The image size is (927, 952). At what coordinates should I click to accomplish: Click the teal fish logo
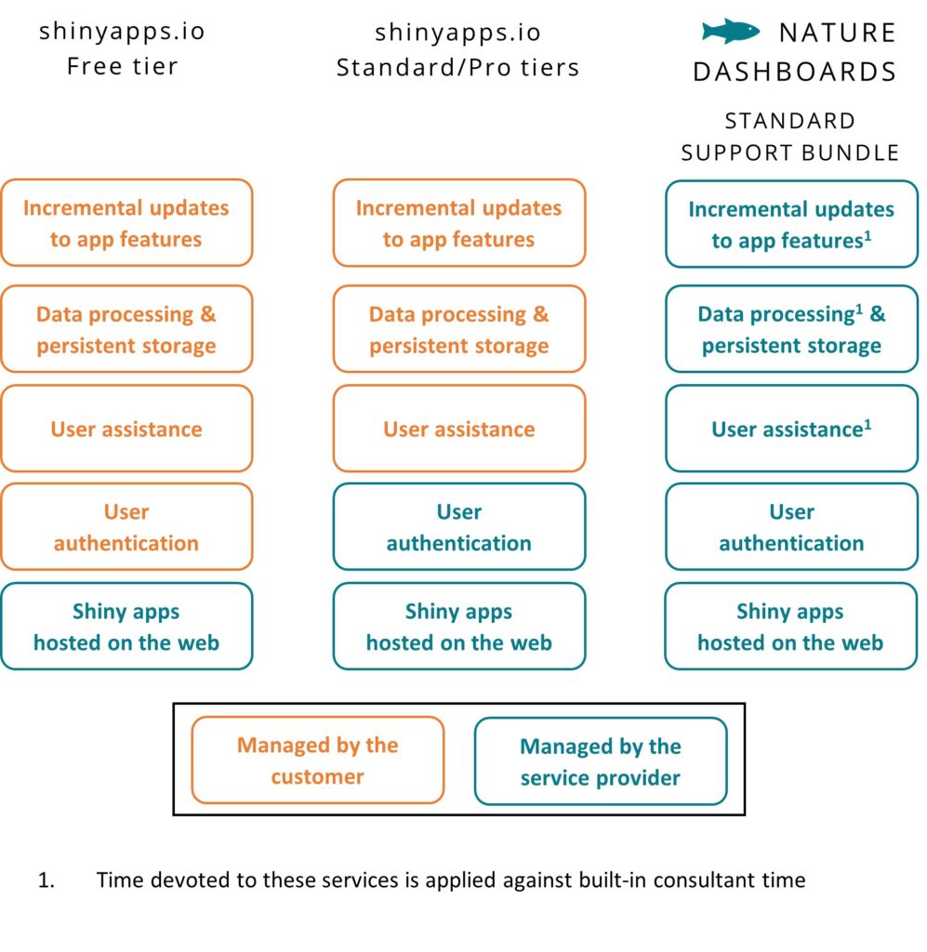tap(730, 31)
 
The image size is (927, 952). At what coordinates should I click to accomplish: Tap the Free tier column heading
tap(123, 48)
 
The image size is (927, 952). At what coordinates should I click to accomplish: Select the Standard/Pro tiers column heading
tap(458, 50)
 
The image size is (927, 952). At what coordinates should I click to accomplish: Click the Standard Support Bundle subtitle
tap(789, 137)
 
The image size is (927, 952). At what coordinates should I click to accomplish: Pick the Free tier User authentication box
tap(126, 526)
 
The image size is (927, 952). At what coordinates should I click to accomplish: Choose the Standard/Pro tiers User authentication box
tap(459, 526)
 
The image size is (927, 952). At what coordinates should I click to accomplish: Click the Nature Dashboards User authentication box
tap(791, 526)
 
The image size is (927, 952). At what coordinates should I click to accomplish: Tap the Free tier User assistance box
tap(126, 429)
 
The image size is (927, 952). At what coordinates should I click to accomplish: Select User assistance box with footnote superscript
tap(791, 429)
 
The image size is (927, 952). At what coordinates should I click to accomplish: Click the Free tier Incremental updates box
tap(126, 223)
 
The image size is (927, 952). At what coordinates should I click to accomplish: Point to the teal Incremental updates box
tap(791, 224)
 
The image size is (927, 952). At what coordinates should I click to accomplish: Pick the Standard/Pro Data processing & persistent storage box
tap(459, 329)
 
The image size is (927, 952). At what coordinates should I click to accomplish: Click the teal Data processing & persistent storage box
tap(791, 329)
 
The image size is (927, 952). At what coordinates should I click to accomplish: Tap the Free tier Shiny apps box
tap(126, 626)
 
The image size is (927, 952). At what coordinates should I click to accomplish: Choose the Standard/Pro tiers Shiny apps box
tap(459, 626)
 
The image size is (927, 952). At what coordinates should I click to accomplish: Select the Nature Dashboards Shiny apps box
tap(790, 626)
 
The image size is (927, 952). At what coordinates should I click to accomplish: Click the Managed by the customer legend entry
tap(317, 760)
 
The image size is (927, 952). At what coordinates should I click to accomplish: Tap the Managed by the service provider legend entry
tap(601, 761)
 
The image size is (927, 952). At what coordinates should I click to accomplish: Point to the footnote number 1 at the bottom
tap(46, 880)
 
